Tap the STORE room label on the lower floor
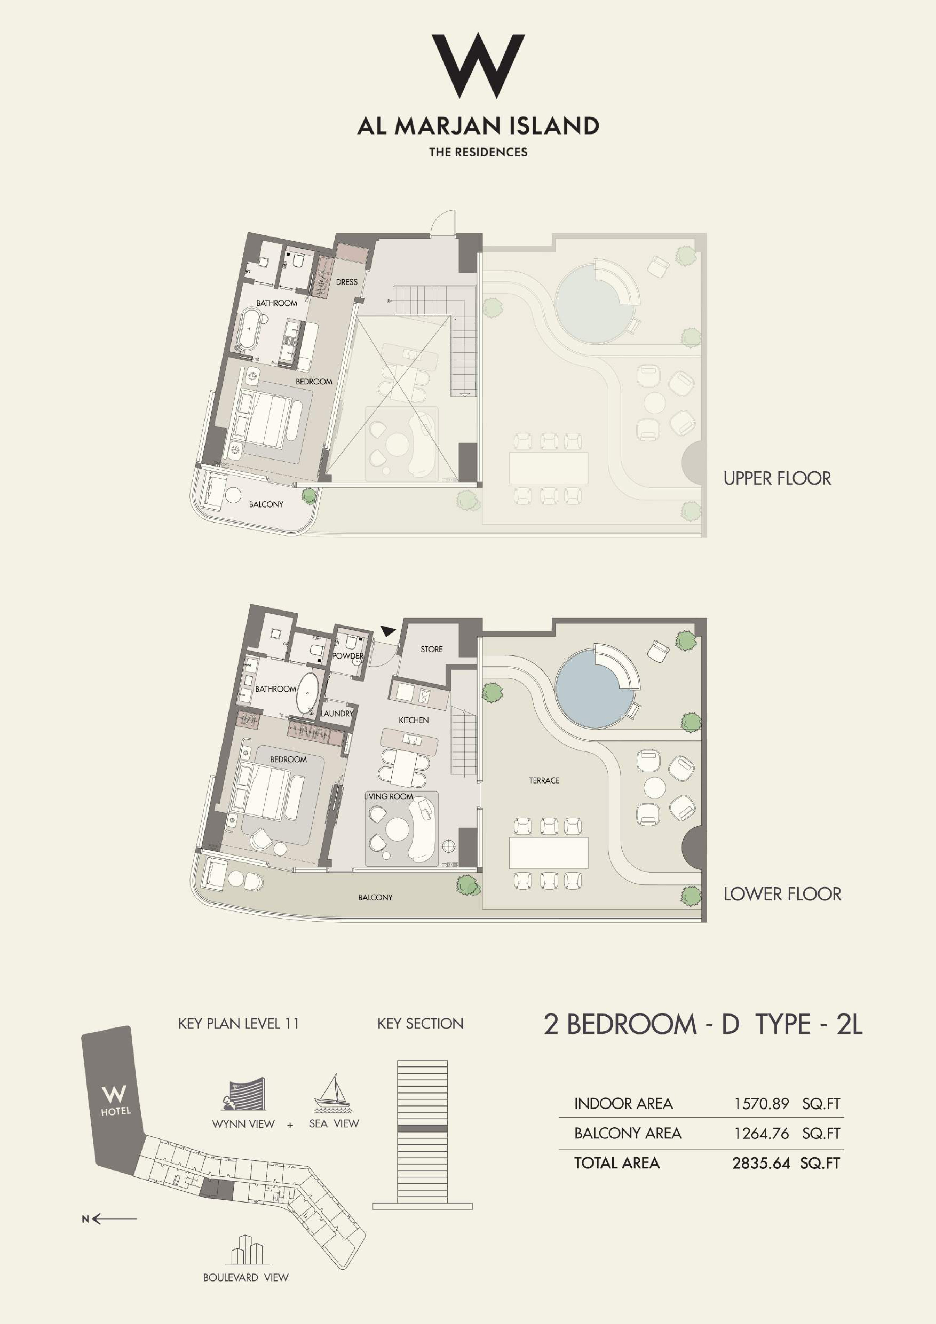tap(432, 649)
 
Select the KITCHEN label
tap(414, 720)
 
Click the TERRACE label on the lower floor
tap(544, 780)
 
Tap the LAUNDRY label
tap(337, 713)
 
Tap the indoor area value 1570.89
tap(761, 1104)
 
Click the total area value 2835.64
tap(761, 1163)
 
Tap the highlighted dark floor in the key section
tap(422, 1129)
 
